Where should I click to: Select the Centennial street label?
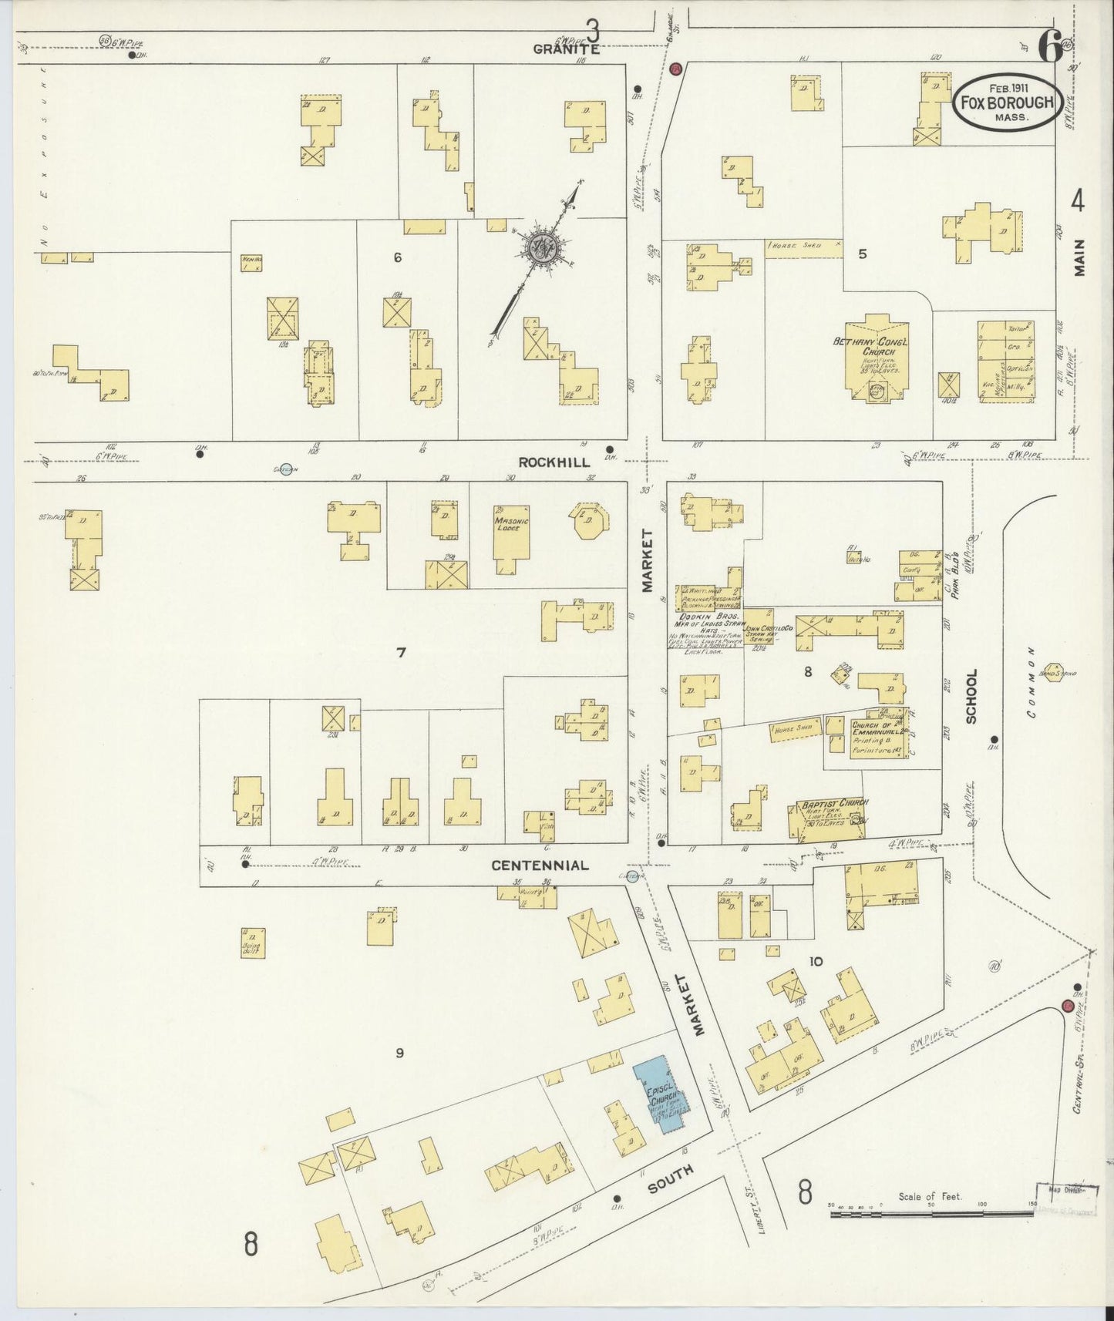point(540,865)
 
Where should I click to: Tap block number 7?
point(401,654)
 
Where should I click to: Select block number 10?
point(816,961)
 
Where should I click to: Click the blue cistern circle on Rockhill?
point(286,471)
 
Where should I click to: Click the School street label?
point(971,696)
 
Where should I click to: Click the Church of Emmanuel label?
point(877,728)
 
